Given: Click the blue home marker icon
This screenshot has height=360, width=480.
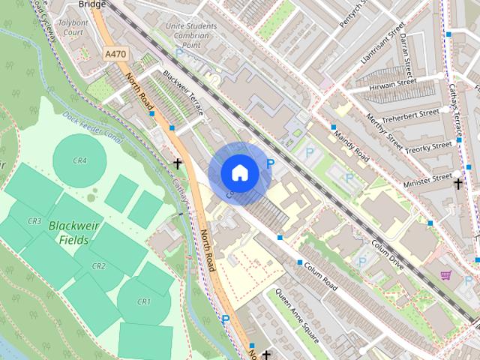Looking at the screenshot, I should (239, 172).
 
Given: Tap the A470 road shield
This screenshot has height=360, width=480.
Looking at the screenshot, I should (115, 54).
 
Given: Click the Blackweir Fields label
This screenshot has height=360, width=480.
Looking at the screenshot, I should (69, 232).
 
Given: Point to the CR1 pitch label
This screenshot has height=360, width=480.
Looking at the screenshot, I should (143, 301).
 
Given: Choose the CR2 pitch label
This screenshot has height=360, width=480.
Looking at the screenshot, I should (99, 266).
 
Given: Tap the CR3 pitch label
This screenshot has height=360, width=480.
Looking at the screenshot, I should (34, 221).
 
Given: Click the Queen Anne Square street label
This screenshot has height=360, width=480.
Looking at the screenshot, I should (298, 316).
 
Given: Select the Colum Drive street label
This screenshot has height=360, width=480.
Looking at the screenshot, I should (388, 254).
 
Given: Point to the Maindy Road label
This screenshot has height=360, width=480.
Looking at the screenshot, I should (352, 147).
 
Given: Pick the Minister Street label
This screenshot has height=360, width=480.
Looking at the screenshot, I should (427, 180).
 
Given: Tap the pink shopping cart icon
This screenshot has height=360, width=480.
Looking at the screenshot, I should (446, 275).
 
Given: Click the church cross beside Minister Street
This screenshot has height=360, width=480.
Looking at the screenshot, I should (457, 181).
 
